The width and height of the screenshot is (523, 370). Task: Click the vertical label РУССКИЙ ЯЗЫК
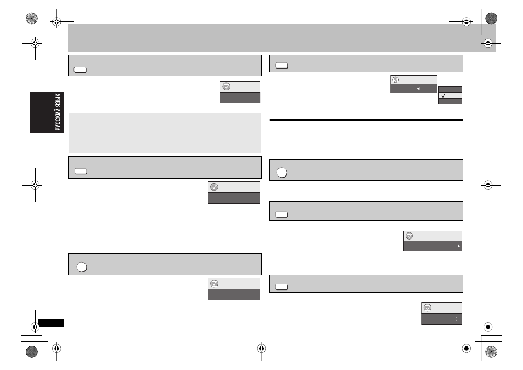tap(58, 112)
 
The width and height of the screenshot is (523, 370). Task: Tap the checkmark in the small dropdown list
tap(444, 95)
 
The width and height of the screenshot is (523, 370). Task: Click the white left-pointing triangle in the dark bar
tap(418, 89)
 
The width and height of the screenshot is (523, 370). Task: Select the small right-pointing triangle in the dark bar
tap(459, 246)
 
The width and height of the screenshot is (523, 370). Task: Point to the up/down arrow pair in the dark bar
tap(456, 319)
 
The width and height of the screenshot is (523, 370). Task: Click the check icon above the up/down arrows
tap(428, 308)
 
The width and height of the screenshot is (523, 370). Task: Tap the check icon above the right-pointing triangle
tap(410, 236)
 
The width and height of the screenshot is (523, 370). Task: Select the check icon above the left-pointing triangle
tap(395, 79)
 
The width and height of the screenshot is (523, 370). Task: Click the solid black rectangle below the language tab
tap(51, 323)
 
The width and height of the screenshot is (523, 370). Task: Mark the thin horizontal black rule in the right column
tap(366, 120)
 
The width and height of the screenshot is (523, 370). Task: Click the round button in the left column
tap(82, 267)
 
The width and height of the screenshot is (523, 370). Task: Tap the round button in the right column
tap(282, 173)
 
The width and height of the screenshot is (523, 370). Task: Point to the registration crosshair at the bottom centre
tap(261, 349)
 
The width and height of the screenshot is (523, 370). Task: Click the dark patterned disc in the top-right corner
tap(491, 18)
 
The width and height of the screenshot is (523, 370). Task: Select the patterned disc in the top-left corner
tap(32, 18)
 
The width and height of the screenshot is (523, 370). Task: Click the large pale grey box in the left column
tap(165, 133)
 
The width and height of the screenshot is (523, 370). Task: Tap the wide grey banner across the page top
tap(282, 38)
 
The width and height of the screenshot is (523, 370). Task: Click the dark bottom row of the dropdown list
tap(450, 101)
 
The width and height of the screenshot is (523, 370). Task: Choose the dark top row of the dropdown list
tap(450, 89)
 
